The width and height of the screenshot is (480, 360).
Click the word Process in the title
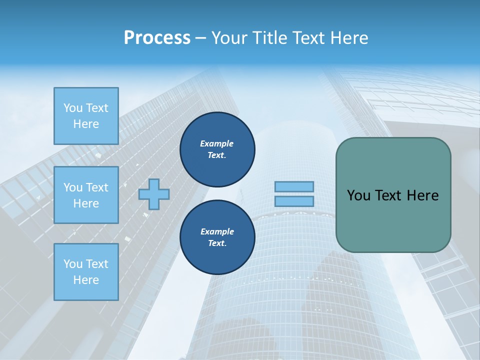(x=157, y=37)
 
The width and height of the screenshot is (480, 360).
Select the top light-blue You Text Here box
(x=86, y=116)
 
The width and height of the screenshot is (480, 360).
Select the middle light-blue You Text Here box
(x=86, y=195)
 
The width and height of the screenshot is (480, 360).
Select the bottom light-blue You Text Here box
(x=86, y=272)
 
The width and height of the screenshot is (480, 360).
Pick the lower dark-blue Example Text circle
(x=217, y=237)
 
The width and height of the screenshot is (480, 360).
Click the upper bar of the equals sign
(x=294, y=186)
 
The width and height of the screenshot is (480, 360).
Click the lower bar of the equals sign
(x=294, y=201)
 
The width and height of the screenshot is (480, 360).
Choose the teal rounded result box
(x=393, y=220)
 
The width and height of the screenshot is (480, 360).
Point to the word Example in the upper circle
(x=217, y=143)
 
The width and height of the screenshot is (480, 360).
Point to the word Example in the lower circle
(x=217, y=231)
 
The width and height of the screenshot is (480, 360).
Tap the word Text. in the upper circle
(x=217, y=155)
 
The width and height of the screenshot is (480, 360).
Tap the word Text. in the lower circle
(x=217, y=243)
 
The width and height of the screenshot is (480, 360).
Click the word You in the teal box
(x=358, y=195)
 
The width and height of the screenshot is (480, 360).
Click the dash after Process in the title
(x=200, y=38)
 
